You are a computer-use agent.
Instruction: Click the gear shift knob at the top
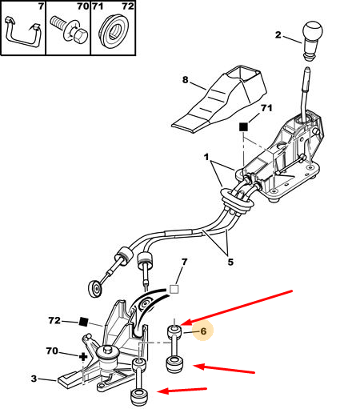pos(312,40)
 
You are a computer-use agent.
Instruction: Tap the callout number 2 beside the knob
pos(278,34)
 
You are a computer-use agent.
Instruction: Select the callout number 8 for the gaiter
pos(186,79)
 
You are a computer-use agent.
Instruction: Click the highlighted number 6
pos(203,331)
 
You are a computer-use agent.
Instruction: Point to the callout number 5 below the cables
pos(230,262)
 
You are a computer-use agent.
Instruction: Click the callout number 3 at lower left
pos(34,379)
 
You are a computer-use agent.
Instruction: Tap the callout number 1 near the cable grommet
pos(206,157)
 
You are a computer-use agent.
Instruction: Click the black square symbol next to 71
pos(243,126)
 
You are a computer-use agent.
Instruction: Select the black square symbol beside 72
pos(83,322)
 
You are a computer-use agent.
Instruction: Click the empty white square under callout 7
pos(174,290)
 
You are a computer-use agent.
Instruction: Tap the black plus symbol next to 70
pos(83,357)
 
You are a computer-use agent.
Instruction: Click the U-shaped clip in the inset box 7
pos(22,30)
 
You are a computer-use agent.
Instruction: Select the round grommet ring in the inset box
pos(113,31)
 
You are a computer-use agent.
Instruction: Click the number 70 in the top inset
pos(83,6)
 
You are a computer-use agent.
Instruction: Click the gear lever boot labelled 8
pos(219,99)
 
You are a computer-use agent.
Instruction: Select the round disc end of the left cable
pos(95,289)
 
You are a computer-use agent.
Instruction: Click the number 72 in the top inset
pos(128,6)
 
